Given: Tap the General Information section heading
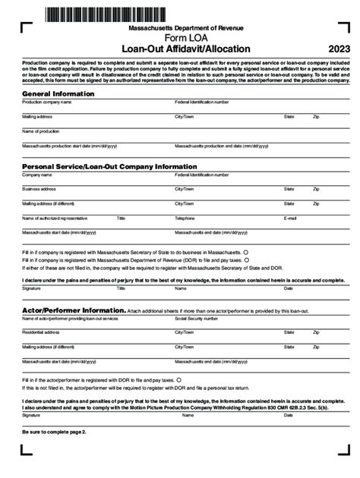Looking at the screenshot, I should [58, 93].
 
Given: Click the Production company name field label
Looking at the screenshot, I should [43, 102].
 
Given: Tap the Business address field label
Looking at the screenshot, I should [39, 189].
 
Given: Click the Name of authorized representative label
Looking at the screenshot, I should [55, 218].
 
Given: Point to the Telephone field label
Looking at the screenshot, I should [185, 218].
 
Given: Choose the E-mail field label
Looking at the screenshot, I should [290, 218].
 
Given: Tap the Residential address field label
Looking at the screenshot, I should [41, 332].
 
